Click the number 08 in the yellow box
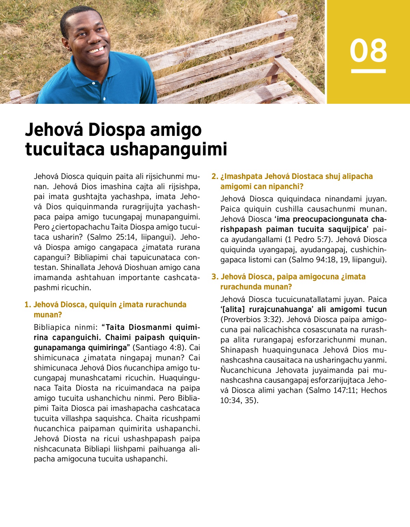tap(368, 51)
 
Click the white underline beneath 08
tap(368, 71)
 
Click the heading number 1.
tap(27, 305)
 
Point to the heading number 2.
tap(214, 177)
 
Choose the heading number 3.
tap(214, 277)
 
